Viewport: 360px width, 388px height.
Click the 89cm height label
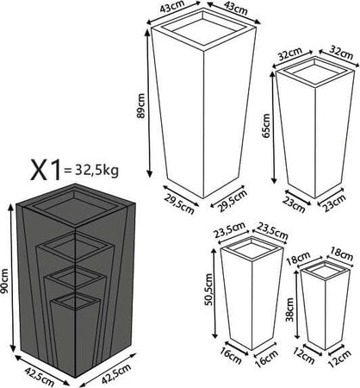click(141, 105)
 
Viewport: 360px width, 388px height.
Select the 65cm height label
click(266, 126)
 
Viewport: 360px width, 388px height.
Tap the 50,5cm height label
click(208, 290)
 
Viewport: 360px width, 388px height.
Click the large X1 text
click(47, 170)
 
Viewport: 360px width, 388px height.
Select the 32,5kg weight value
click(96, 171)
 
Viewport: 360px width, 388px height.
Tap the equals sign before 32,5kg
click(68, 171)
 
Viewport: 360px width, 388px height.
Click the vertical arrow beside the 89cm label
click(149, 103)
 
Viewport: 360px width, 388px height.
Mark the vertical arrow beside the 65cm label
click(274, 127)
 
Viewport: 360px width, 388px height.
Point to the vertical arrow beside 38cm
click(297, 305)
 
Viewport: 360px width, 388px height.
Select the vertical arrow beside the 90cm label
click(11, 278)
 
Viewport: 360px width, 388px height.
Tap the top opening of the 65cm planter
click(315, 71)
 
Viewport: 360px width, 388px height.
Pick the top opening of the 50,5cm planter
click(252, 249)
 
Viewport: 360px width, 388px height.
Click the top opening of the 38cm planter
click(326, 270)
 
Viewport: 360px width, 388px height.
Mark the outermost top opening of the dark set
click(75, 207)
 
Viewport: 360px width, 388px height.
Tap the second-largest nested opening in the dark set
click(75, 247)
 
